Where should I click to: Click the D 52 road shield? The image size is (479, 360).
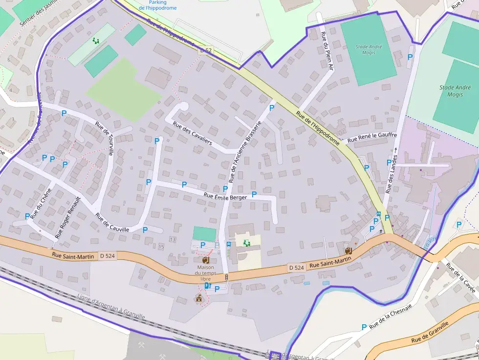pos(206,50)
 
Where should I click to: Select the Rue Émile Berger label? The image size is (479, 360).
pos(225,196)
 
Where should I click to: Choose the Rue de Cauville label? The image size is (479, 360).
pos(112,223)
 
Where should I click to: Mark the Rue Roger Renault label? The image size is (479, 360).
pos(67,217)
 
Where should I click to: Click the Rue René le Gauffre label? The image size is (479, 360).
pos(371,138)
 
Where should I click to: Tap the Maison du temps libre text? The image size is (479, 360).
pos(209,272)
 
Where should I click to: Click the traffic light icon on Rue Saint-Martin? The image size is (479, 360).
pos(226,277)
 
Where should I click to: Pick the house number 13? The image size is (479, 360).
pos(172,239)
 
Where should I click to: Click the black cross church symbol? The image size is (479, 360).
pos(381,231)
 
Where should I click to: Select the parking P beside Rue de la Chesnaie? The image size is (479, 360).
pos(364,327)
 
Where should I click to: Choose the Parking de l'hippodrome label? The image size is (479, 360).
pos(157,5)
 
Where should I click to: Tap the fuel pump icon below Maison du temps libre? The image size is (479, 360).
pos(208,286)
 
